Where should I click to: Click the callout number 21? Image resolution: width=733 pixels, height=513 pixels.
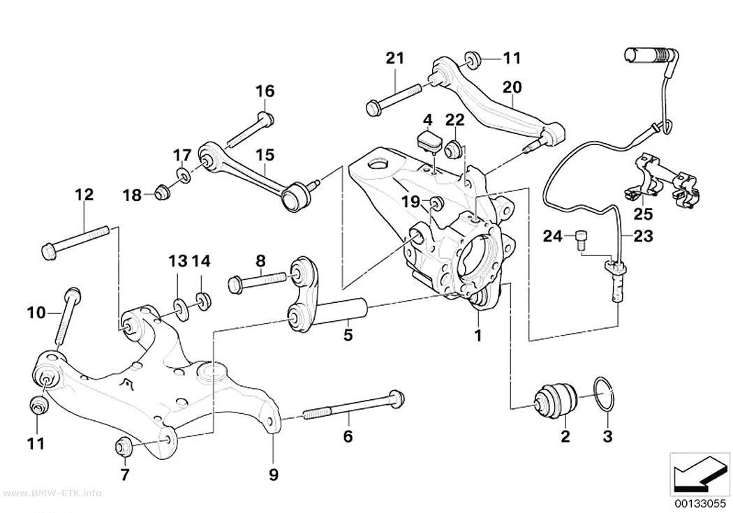point(394,59)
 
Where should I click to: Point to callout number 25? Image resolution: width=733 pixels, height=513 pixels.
point(643,214)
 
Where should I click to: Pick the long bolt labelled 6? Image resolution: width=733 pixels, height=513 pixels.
point(353,406)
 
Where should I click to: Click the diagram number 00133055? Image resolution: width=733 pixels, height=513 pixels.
point(699,504)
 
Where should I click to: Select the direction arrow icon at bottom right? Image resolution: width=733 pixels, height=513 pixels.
point(699,473)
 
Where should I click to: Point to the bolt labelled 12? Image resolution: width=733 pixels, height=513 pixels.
point(75,241)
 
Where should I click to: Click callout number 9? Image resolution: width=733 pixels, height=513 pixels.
point(274,474)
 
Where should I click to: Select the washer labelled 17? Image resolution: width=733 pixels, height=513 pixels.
point(183,175)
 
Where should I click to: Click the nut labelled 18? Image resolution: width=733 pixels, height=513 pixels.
point(162,191)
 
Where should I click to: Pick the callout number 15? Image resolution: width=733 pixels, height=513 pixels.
point(265,155)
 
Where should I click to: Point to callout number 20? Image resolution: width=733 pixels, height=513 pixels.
point(512,87)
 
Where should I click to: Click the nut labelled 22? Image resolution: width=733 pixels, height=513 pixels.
point(452,149)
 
